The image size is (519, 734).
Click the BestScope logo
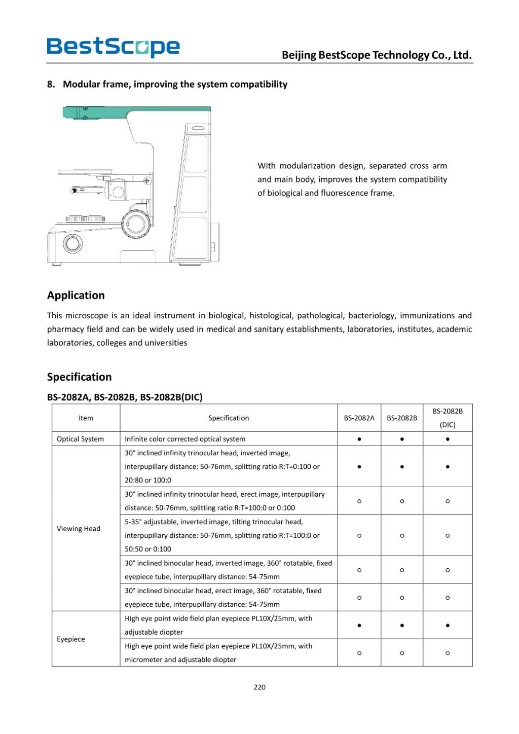click(x=113, y=47)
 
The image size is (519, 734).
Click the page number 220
click(x=259, y=687)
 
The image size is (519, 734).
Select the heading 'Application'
click(x=76, y=296)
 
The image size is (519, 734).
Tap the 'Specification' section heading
click(x=80, y=377)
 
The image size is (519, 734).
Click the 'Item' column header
click(x=86, y=418)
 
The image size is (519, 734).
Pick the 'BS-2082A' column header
click(x=359, y=418)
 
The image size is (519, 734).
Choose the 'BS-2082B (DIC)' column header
click(x=447, y=418)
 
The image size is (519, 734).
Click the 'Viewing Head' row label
click(x=79, y=529)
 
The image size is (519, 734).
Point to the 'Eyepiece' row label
click(x=71, y=639)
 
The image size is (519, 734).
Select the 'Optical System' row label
click(x=80, y=439)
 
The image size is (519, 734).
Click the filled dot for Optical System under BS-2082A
click(x=359, y=439)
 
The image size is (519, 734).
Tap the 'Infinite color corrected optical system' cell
click(x=185, y=439)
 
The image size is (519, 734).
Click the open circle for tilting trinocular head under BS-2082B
click(x=402, y=536)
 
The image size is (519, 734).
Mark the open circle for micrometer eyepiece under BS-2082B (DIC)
click(x=447, y=653)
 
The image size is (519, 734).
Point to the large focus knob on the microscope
click(x=136, y=223)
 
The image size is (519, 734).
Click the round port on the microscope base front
click(x=72, y=243)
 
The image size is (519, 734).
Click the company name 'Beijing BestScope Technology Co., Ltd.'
click(x=377, y=55)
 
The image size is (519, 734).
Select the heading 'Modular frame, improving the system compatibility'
click(x=175, y=84)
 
